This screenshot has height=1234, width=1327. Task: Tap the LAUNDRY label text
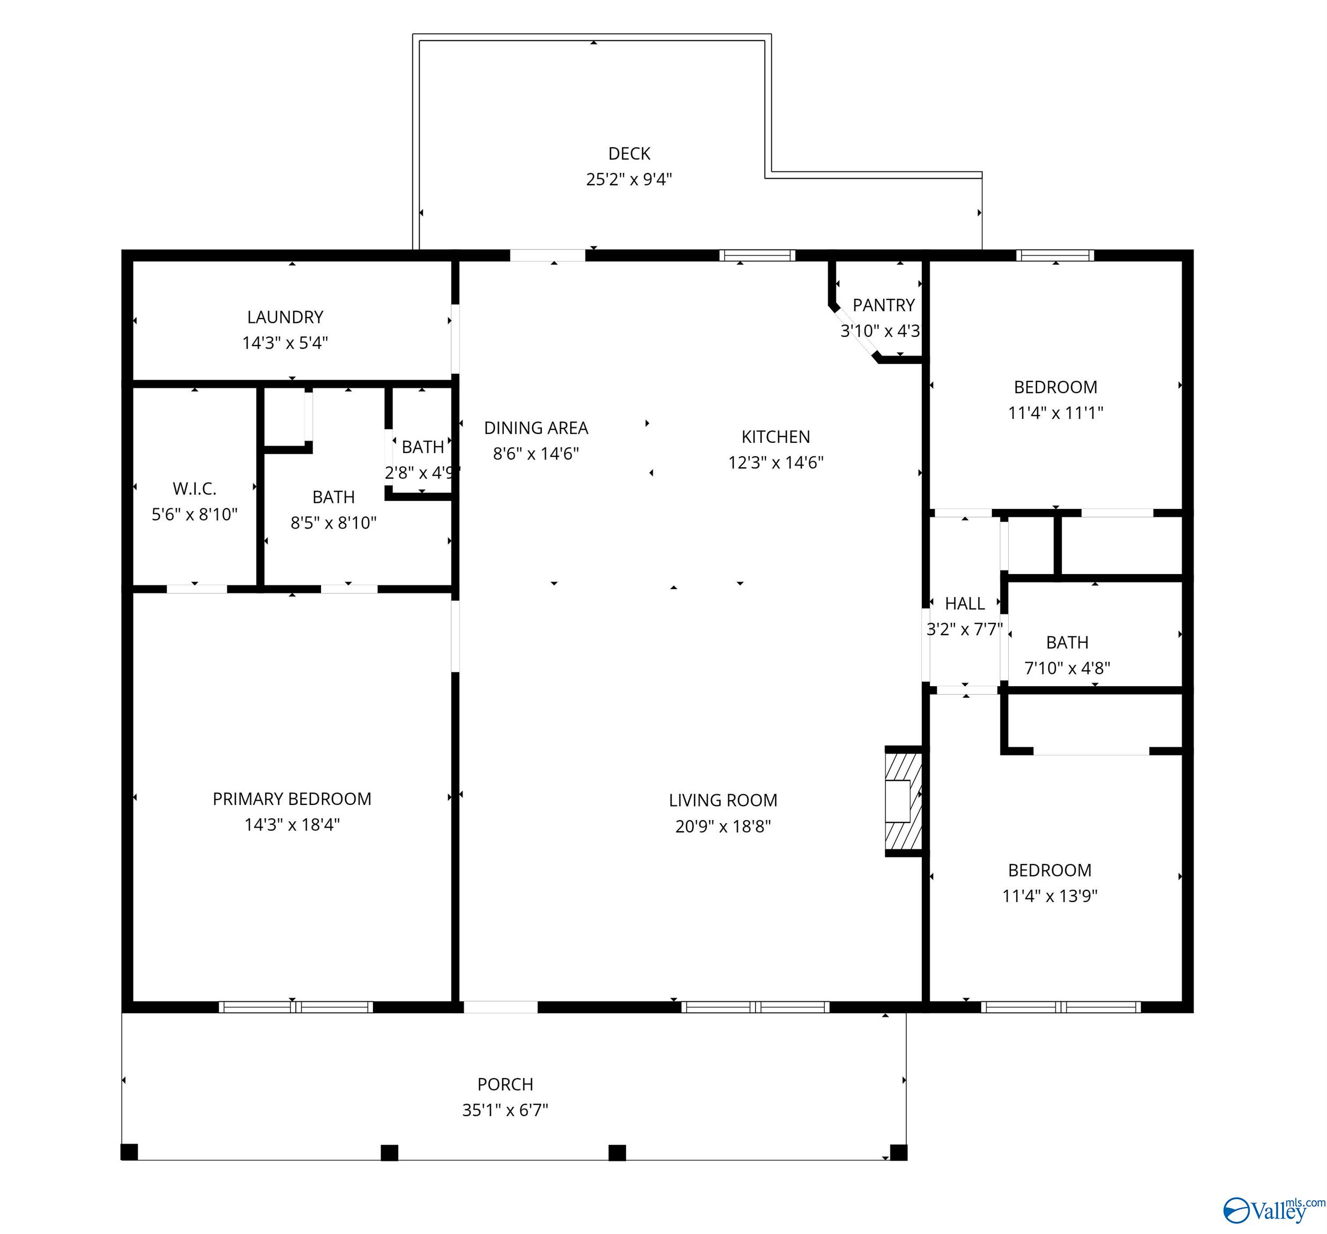point(285,317)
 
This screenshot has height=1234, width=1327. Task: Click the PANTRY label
point(884,305)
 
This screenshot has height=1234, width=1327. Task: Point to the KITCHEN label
point(776,437)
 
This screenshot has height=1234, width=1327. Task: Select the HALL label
point(965,604)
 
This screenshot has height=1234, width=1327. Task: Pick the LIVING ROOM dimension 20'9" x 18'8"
point(723,826)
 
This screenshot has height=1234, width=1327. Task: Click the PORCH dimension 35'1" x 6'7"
point(505,1110)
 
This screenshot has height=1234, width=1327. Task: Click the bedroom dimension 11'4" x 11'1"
point(1055,413)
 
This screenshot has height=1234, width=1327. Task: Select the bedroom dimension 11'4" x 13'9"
point(1050,896)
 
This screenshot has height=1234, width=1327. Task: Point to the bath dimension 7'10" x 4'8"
point(1068,668)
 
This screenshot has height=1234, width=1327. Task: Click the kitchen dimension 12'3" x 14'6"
point(776,463)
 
